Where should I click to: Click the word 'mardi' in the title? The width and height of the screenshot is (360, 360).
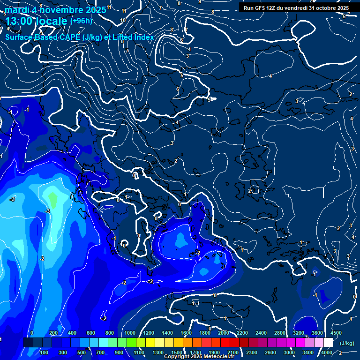pos(15,10)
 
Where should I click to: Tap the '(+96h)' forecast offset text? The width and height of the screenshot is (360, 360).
pos(81,21)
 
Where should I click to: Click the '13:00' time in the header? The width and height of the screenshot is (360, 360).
pos(19,22)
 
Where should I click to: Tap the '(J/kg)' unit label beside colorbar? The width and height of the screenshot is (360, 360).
pos(347,344)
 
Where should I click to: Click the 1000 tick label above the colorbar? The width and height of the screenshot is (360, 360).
pos(130,333)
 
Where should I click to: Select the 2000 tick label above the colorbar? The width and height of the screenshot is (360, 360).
pos(224,333)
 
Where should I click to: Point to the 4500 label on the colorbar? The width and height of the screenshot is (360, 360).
pos(336,333)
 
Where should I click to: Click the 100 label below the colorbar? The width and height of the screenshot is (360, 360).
pos(44,352)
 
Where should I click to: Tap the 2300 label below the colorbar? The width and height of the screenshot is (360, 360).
pos(251,352)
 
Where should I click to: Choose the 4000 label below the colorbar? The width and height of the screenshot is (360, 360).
pos(327,352)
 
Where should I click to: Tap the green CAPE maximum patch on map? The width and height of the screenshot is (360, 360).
pos(53,201)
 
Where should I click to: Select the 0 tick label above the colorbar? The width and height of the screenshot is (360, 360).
pos(32,333)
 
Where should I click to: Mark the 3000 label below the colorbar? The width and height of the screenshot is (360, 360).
pos(289,352)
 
